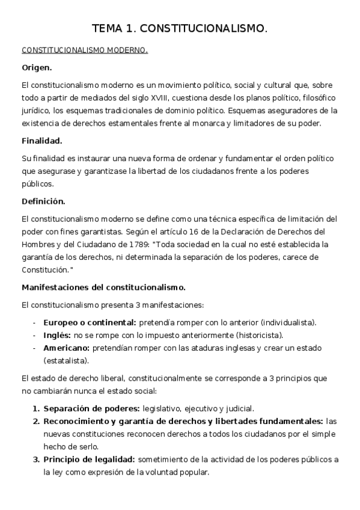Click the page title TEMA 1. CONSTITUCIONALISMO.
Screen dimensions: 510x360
click(180, 28)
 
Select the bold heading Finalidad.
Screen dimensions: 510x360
click(42, 141)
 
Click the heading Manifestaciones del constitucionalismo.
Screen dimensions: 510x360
click(103, 287)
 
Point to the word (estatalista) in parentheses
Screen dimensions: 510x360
click(66, 360)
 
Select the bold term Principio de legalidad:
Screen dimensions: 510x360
click(90, 459)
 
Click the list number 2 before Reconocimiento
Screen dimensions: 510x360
click(35, 421)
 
